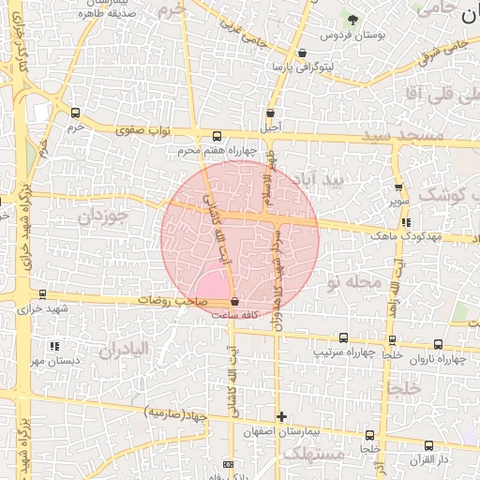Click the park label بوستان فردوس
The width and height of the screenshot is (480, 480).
(x=342, y=35)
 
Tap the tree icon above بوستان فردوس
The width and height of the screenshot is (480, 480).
(x=352, y=19)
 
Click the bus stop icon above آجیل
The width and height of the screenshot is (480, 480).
(x=270, y=112)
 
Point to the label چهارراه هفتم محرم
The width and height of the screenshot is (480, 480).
(x=217, y=150)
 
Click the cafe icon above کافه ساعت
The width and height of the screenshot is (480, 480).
(x=233, y=302)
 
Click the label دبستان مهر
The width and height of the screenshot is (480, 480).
(x=50, y=360)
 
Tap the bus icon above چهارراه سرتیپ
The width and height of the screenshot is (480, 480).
(x=343, y=338)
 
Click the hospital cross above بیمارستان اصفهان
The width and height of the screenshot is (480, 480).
(x=281, y=416)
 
